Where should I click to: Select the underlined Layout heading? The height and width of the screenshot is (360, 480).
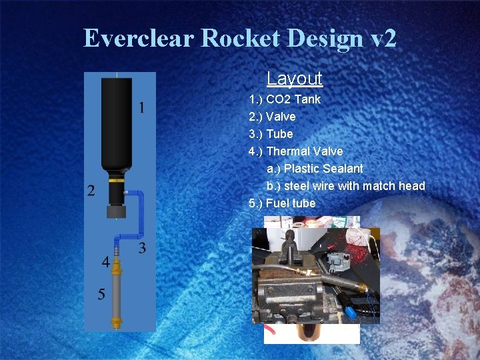coord(294,79)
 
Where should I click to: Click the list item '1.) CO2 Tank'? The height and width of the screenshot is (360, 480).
coord(285,99)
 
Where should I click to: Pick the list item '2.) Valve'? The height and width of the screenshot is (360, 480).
coord(272,117)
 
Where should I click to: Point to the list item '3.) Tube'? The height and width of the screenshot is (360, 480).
coord(271,134)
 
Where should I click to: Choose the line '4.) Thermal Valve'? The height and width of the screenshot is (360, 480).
coord(295,151)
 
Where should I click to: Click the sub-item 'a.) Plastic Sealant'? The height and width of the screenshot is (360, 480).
coord(315,169)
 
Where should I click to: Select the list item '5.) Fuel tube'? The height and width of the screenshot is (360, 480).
coord(282,203)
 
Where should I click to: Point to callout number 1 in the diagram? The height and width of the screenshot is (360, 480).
coord(141,107)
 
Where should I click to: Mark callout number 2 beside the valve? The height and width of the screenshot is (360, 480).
coord(91,191)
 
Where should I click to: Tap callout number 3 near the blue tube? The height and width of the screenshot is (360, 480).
coord(142,249)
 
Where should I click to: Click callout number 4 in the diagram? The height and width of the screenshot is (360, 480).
coord(105,263)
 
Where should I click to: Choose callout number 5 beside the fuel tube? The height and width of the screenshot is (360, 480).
coord(101,294)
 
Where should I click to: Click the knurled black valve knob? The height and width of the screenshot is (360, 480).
coord(117,212)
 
